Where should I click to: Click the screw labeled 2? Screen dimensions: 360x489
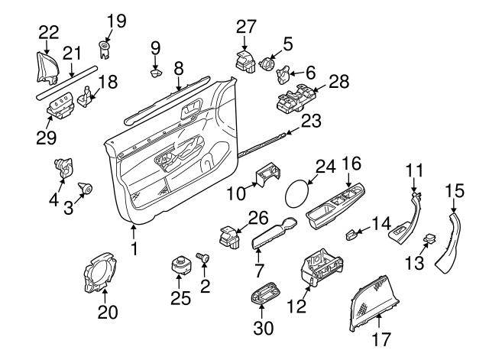[x=204, y=261]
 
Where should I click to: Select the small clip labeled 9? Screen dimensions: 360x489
[x=156, y=73]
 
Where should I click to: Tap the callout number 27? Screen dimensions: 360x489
[x=246, y=26]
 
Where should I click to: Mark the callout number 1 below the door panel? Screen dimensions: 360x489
[x=134, y=248]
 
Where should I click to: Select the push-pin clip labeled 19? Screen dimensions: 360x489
[x=104, y=49]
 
